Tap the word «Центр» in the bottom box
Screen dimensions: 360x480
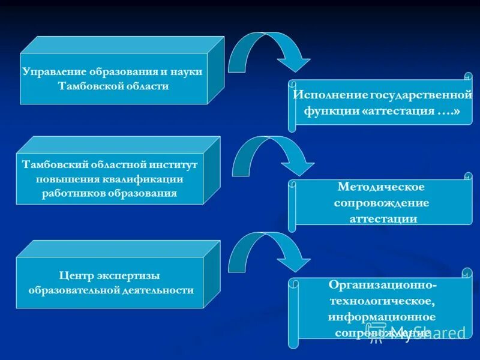tap(75, 275)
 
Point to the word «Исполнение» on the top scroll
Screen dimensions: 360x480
tap(329, 95)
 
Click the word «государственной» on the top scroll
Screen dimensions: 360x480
tap(421, 95)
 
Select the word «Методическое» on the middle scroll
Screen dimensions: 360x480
tap(381, 187)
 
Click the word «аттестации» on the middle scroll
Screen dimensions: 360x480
tap(383, 219)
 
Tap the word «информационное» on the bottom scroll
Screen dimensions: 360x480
tap(382, 316)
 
